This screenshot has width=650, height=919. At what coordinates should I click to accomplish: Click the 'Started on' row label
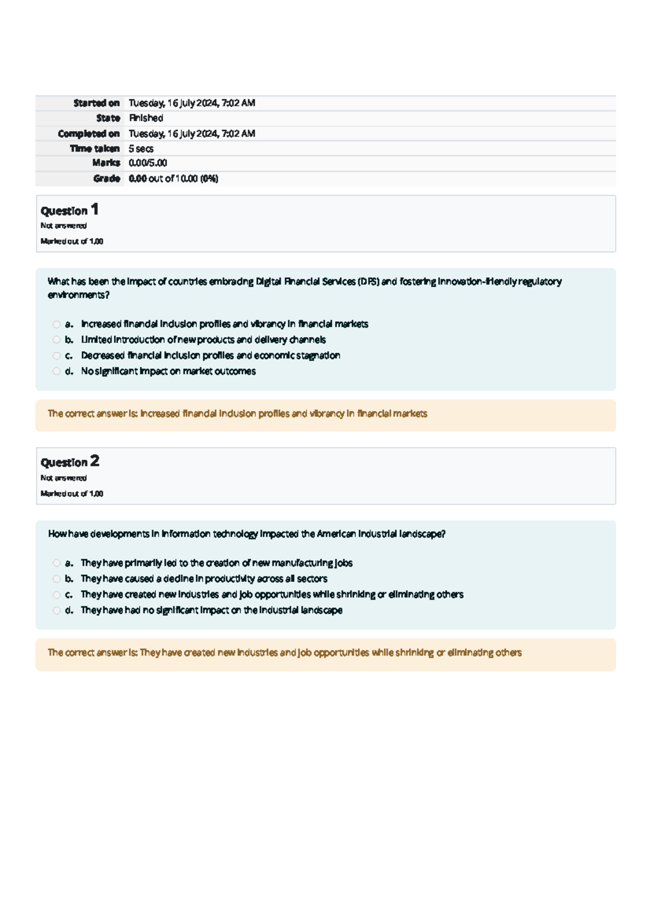tap(96, 103)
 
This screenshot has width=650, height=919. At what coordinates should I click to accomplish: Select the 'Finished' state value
tap(146, 118)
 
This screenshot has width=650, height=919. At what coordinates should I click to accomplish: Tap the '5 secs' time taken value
tap(141, 148)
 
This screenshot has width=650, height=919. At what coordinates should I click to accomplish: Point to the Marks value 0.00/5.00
tap(147, 163)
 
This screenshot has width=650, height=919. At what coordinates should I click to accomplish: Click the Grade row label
tap(106, 178)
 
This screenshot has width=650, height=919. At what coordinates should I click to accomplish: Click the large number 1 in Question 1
tap(95, 209)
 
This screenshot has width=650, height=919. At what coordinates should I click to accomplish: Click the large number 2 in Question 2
tap(95, 461)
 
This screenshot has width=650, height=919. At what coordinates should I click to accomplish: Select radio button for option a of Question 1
tap(56, 324)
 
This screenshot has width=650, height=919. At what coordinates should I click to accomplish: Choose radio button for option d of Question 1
tap(56, 371)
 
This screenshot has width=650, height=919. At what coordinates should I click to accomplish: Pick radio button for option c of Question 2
tap(56, 595)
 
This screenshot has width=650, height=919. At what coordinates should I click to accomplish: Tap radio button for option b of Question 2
tap(56, 579)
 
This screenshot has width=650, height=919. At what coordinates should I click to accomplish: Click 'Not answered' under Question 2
tap(63, 478)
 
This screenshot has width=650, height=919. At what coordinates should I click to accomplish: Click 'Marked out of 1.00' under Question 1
tap(71, 241)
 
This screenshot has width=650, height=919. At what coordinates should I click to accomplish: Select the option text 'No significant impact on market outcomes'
tap(168, 371)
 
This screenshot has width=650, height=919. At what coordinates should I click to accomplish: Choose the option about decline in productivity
tap(204, 579)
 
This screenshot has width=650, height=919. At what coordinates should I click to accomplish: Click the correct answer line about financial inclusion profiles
tap(237, 413)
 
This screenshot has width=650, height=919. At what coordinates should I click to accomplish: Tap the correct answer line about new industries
tap(284, 653)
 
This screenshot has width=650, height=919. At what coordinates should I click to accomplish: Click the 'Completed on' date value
tap(192, 134)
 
